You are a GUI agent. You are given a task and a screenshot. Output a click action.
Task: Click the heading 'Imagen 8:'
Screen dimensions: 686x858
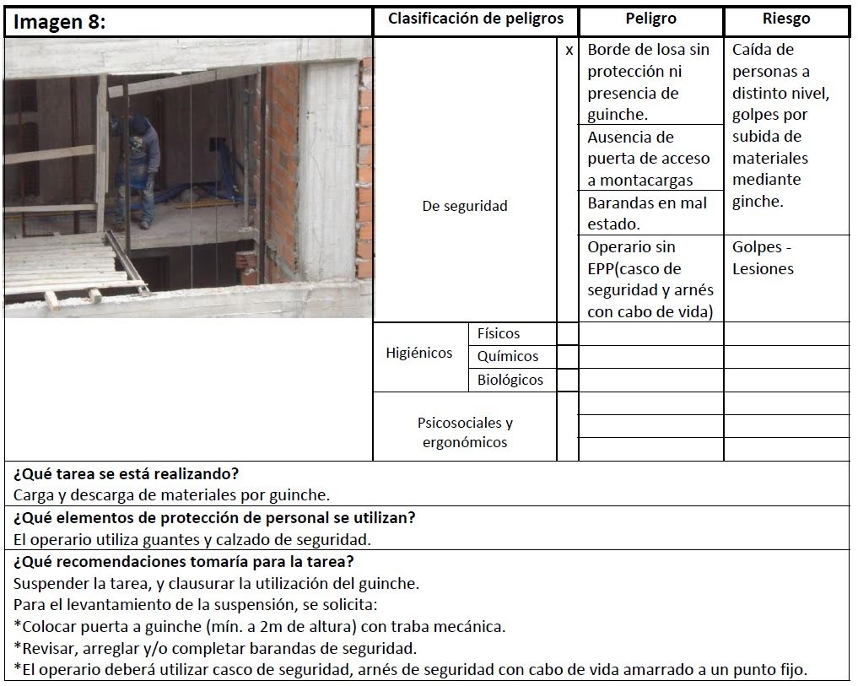pos(59,23)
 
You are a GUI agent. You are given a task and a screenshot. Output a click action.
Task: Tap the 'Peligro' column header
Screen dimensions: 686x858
pos(650,19)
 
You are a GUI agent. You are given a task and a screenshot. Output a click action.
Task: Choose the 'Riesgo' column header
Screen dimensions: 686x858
pos(785,19)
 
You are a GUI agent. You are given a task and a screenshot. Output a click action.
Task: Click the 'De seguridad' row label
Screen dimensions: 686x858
pos(465,206)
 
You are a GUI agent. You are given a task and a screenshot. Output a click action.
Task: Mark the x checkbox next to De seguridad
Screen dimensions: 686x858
pos(569,51)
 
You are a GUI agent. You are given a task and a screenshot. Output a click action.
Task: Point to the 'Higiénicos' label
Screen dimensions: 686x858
pos(419,354)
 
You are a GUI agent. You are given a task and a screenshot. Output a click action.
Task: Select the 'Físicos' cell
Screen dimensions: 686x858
pos(499,334)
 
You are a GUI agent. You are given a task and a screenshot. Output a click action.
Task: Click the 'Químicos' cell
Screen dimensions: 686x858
pos(507,356)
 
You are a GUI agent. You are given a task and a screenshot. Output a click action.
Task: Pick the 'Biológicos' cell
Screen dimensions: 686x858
pos(510,380)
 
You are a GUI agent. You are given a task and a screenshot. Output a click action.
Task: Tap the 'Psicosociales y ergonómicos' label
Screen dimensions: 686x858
pos(465,432)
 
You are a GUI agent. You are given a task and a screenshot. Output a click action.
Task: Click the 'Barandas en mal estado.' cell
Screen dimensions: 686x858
pos(648,213)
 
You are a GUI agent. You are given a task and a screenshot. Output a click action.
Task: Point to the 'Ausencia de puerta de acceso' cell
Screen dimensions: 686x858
pos(649,158)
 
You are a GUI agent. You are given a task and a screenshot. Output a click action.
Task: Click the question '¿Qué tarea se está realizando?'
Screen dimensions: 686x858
pos(127,473)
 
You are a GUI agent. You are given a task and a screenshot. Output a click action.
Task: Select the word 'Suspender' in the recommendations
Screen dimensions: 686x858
pos(50,583)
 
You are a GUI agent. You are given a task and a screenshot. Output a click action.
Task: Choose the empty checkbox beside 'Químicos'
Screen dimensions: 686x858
pos(568,357)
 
